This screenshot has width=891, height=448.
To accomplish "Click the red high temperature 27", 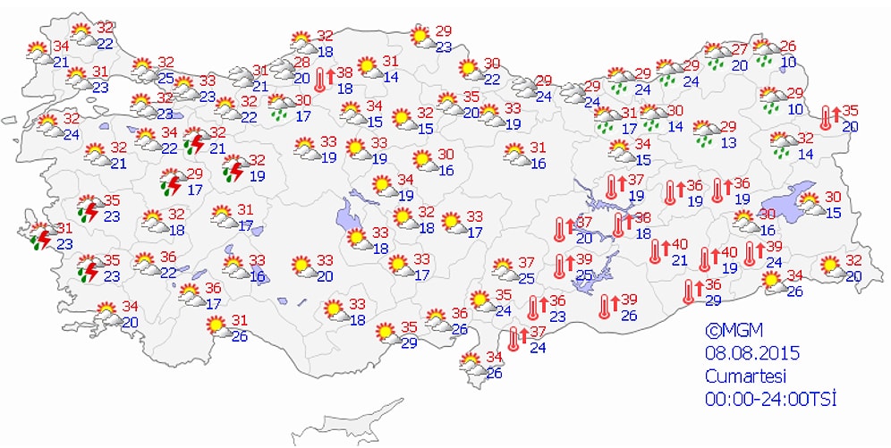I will [740, 48].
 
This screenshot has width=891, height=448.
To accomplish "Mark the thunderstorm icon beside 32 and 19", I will [234, 169].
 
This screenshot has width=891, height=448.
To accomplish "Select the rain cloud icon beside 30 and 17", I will [279, 108].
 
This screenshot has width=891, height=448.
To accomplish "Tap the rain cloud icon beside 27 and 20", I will [716, 55].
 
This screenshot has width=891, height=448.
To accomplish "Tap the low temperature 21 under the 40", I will [680, 260].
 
